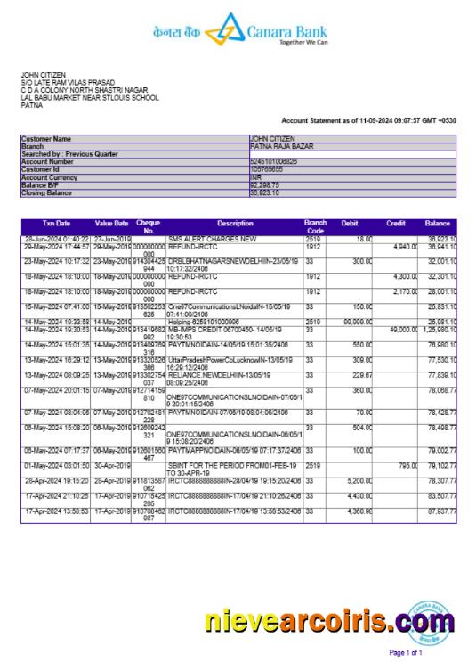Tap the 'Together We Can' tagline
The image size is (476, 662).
pyautogui.click(x=303, y=42)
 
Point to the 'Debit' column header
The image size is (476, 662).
pyautogui.click(x=350, y=223)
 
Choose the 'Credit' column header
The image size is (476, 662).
pyautogui.click(x=396, y=223)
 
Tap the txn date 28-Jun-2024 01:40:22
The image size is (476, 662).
pyautogui.click(x=56, y=239)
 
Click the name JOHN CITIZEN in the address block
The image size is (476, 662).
pyautogui.click(x=44, y=75)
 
